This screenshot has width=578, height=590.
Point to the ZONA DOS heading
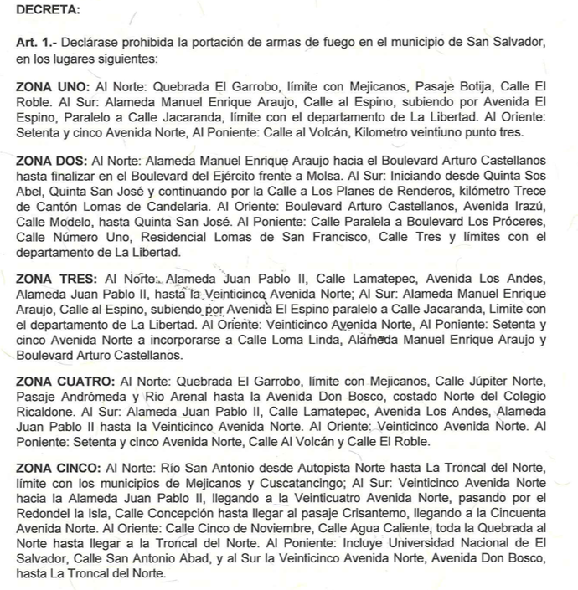point(51,160)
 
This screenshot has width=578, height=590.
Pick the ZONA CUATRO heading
point(64,381)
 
